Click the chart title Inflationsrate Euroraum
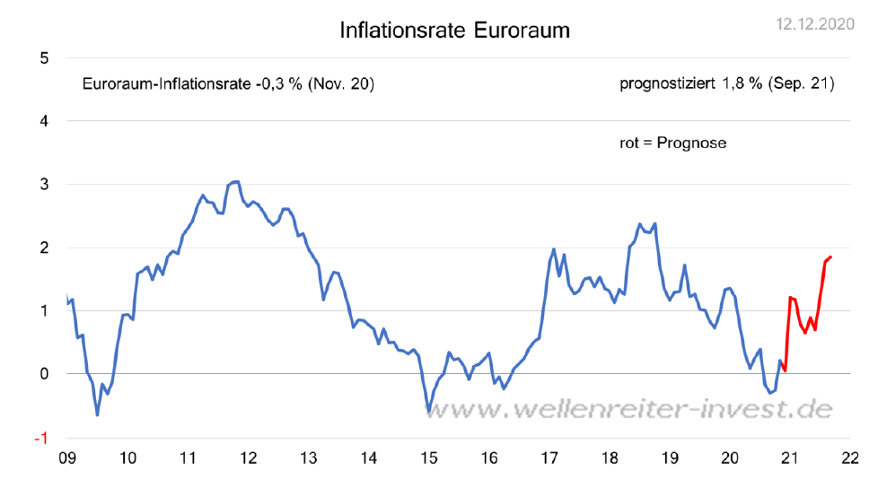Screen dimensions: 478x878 click(454, 30)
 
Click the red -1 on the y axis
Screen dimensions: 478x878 click(41, 438)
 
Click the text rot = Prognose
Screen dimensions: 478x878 click(672, 143)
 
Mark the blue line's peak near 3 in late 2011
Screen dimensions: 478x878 click(235, 181)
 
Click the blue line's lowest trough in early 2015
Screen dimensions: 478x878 click(429, 412)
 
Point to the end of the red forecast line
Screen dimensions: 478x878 click(830, 257)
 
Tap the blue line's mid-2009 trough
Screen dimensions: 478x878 click(97, 414)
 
